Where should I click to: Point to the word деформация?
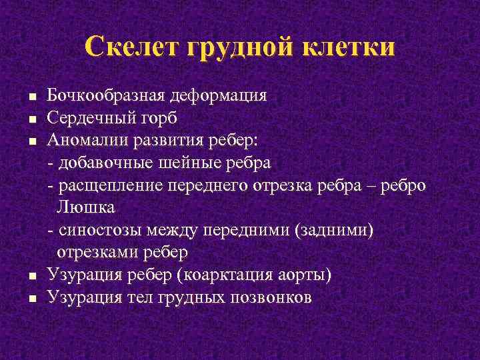click(219, 95)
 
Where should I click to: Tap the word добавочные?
click(105, 163)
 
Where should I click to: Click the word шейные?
click(192, 163)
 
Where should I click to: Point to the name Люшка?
click(86, 207)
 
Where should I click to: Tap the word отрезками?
click(100, 253)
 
